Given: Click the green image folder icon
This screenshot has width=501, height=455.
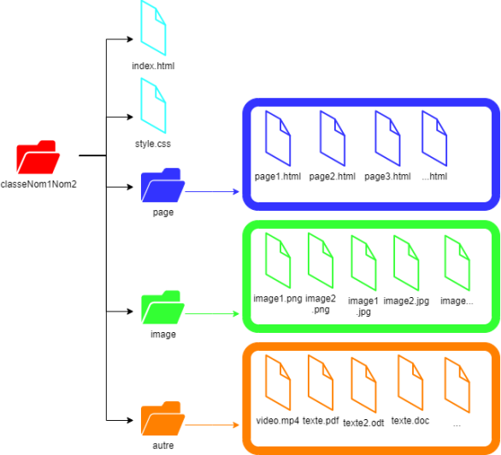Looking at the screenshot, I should (x=162, y=307).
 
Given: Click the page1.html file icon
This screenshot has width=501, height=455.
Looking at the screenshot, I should (x=278, y=137).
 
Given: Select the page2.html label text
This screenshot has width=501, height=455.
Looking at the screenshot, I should (x=332, y=177).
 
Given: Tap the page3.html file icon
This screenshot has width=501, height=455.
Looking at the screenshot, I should (x=388, y=137).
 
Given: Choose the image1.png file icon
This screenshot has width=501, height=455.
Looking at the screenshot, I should (x=278, y=260).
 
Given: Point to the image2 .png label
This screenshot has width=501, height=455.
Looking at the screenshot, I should (x=321, y=304).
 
